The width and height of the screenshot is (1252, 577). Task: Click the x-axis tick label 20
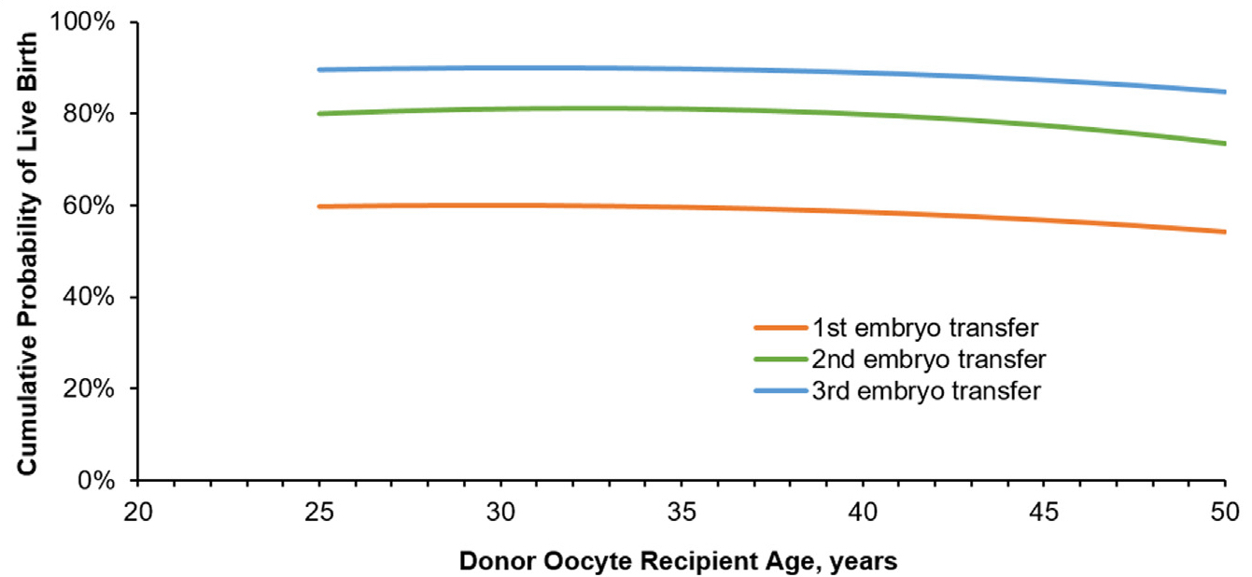(138, 512)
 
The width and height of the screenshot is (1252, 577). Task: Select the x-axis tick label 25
(319, 512)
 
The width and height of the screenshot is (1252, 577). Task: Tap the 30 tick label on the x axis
(500, 512)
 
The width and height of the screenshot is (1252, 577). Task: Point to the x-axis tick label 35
(682, 512)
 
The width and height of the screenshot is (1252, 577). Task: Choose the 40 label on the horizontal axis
(863, 512)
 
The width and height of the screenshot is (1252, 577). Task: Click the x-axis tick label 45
(1044, 512)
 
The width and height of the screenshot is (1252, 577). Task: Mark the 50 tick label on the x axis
(1224, 512)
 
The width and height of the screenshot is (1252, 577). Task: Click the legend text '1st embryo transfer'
(926, 328)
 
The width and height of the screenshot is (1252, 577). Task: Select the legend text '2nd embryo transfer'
(929, 359)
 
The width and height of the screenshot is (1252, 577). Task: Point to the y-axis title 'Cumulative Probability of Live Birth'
(29, 252)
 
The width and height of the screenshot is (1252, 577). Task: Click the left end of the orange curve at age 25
(319, 206)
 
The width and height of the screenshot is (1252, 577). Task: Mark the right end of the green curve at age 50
(1224, 144)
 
